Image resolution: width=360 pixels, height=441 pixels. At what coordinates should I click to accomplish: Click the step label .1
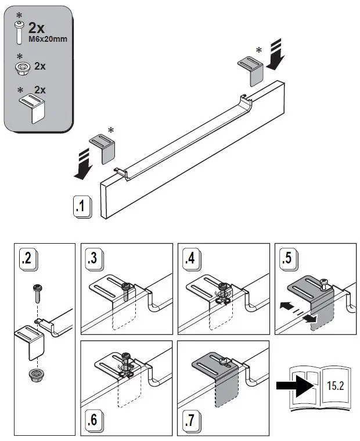[x=82, y=206]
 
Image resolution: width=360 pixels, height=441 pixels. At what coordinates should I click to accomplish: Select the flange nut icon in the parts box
[x=21, y=68]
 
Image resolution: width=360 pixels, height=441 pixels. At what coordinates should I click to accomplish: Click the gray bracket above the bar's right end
[x=251, y=67]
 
